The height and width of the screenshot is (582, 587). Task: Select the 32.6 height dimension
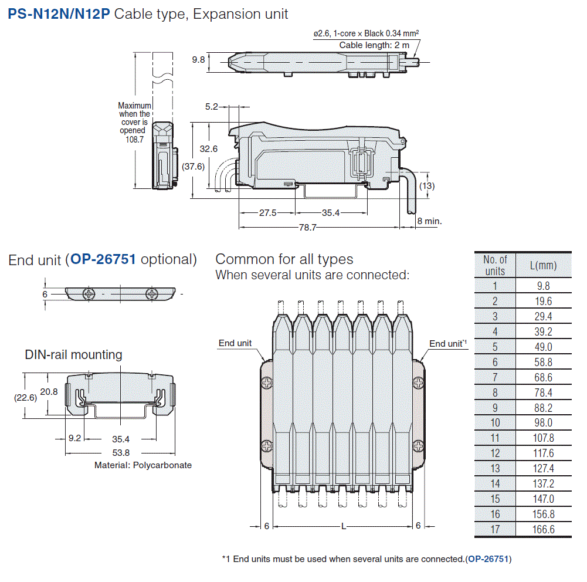(208, 149)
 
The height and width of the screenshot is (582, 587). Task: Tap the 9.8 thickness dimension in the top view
(198, 59)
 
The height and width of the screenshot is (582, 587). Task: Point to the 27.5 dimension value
(267, 213)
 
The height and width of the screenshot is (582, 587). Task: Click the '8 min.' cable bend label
(429, 221)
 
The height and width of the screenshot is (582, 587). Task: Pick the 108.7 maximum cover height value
(134, 139)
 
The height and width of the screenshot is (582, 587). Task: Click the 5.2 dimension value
(212, 106)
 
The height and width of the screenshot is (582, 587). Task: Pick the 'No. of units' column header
(495, 265)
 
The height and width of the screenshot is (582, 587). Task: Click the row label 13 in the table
(495, 469)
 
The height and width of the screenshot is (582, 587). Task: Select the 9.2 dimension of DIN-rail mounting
(74, 438)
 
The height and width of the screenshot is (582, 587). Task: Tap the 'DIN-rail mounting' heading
(73, 354)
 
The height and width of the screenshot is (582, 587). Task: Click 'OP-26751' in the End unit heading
(103, 259)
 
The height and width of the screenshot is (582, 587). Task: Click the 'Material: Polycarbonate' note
(143, 465)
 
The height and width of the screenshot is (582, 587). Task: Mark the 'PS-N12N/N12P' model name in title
(59, 14)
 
